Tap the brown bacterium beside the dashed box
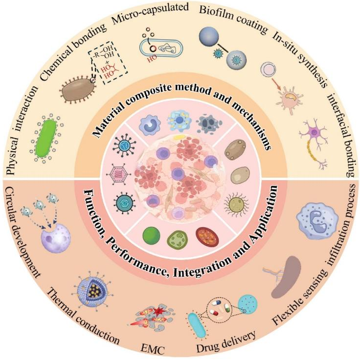(x=77, y=90)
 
